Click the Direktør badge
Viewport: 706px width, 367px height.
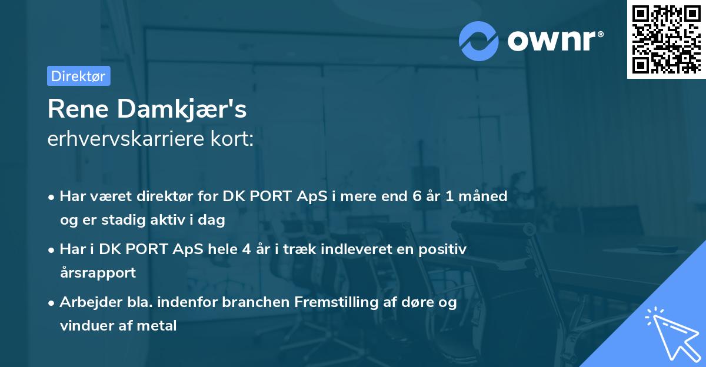coord(78,76)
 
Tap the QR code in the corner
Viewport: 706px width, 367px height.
coord(665,39)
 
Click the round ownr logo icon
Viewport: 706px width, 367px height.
coord(479,41)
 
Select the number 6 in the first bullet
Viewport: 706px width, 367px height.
coord(418,196)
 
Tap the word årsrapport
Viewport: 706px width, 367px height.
coord(98,273)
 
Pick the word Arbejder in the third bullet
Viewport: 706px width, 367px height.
coord(85,302)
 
